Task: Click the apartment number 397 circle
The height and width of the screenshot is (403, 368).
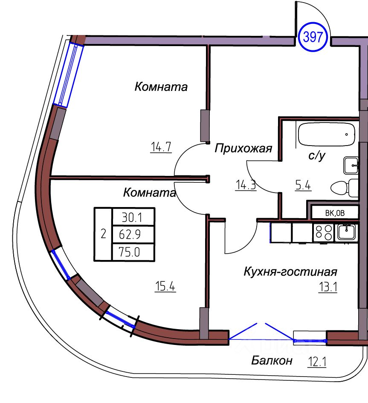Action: click(x=315, y=37)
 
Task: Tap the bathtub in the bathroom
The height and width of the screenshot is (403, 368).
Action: click(x=326, y=134)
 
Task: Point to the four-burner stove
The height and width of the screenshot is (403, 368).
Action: click(x=323, y=232)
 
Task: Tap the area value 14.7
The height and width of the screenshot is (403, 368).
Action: click(x=160, y=147)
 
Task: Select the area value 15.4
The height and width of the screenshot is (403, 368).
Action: click(x=165, y=286)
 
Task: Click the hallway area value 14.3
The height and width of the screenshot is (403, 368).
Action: click(x=246, y=185)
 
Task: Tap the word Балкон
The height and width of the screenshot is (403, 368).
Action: click(x=272, y=361)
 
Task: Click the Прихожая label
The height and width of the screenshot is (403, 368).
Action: click(x=243, y=149)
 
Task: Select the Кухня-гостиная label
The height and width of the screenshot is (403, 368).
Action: click(x=290, y=272)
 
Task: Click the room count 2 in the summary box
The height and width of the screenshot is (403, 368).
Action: click(x=103, y=234)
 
